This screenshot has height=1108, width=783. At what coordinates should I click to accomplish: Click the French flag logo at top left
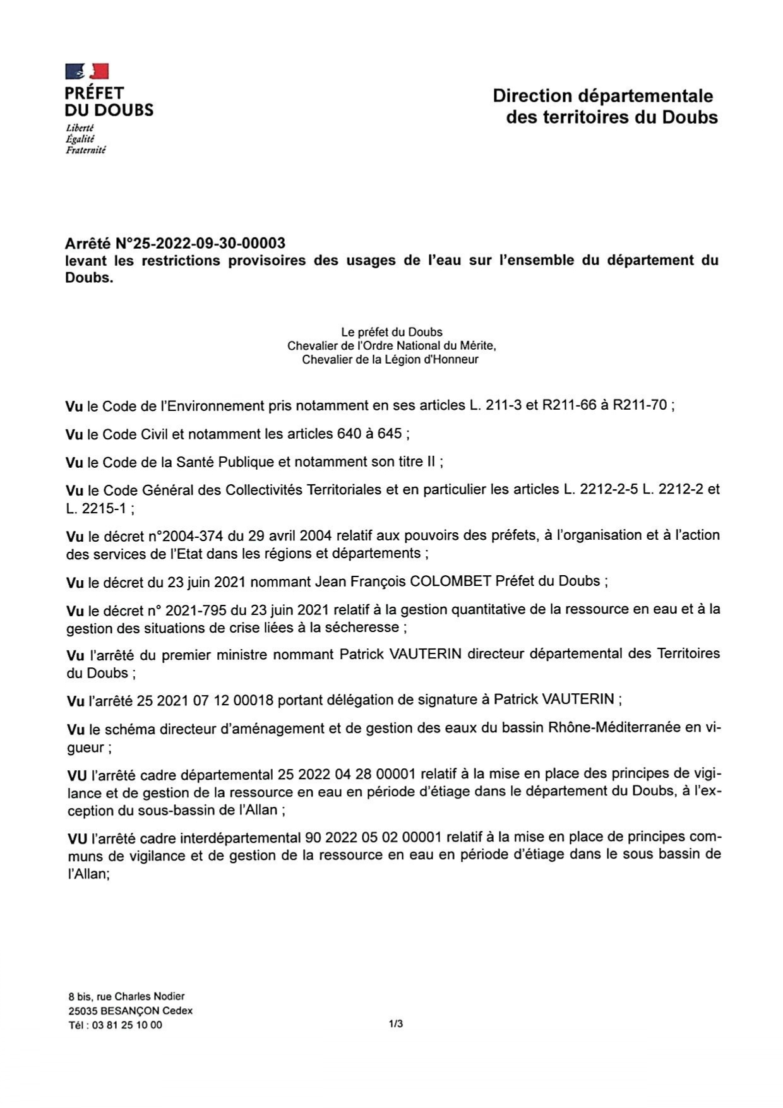point(87,71)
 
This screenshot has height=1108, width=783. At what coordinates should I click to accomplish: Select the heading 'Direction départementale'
point(602,96)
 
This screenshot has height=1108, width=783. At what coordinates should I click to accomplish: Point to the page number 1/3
point(396,1023)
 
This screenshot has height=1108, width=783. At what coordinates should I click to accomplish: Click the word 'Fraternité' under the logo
point(85,150)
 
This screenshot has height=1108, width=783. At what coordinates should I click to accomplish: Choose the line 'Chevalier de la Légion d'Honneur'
point(390,360)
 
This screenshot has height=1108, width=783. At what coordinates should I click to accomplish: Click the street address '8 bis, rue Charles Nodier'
point(126,996)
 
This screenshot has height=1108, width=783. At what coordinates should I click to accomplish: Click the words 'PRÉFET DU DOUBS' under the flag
point(109,102)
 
